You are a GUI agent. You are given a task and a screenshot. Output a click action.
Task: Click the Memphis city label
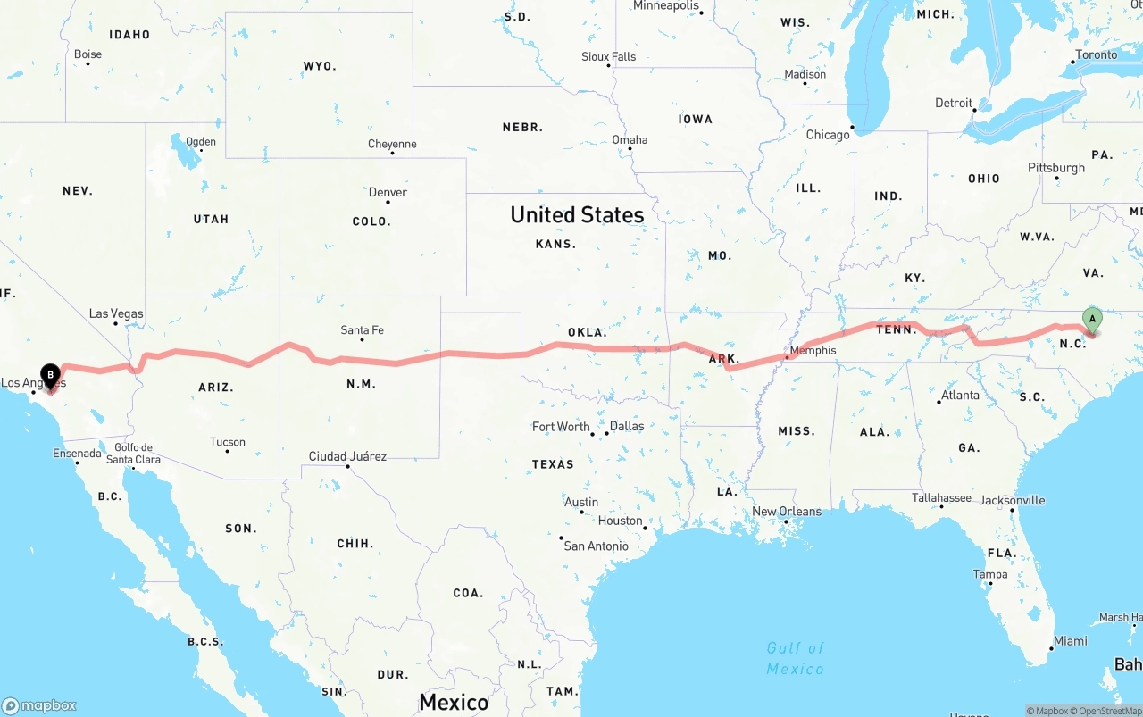[x=813, y=350]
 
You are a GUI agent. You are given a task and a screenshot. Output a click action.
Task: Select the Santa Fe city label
[x=362, y=330]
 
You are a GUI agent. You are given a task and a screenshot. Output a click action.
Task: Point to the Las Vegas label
[x=116, y=313]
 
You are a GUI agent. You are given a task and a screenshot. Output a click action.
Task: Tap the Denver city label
[x=388, y=192]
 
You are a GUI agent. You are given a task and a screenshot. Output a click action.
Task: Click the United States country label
[x=577, y=214]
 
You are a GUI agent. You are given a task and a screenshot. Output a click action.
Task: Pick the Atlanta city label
[x=959, y=395]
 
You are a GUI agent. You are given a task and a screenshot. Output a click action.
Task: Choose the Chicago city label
[x=828, y=135]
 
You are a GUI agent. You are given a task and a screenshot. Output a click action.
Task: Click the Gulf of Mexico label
[x=795, y=658]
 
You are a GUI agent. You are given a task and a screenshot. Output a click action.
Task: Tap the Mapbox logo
[x=39, y=705]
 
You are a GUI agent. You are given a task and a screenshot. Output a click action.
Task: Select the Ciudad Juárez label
[x=347, y=456]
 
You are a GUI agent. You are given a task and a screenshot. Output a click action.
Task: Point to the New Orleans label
[x=786, y=511]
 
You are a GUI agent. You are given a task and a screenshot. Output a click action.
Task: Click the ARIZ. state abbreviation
[x=216, y=388]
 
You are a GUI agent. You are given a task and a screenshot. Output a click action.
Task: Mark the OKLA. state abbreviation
[x=587, y=332]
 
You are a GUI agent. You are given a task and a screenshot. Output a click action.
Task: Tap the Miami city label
[x=1070, y=640]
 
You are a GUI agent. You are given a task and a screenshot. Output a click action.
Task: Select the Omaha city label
[x=630, y=139]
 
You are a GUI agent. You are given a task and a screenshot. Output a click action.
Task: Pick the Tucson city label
[x=228, y=442]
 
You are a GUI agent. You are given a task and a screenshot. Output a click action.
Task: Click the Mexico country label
[x=454, y=702]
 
